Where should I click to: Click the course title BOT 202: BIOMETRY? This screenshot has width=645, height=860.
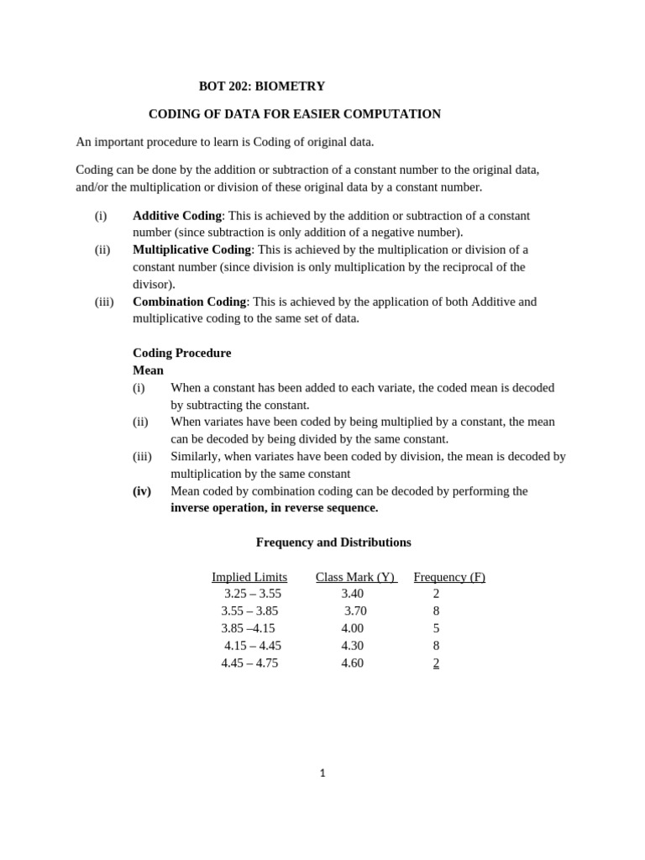point(261,87)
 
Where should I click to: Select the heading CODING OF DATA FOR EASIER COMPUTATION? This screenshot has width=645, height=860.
point(294,114)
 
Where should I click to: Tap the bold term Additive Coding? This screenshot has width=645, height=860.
point(176,216)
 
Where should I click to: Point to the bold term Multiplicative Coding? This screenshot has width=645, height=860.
point(191,249)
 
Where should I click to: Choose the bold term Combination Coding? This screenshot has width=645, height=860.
point(189,302)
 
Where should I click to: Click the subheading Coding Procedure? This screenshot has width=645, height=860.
point(181,353)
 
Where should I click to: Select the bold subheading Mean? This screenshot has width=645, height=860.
point(148,370)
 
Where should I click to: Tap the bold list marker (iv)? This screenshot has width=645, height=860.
point(142,491)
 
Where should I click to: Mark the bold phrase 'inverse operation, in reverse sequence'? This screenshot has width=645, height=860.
point(274,508)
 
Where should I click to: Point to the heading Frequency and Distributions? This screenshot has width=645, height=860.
point(333,543)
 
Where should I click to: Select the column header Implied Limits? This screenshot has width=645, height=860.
point(249,577)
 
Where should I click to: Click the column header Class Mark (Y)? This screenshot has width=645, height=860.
point(355,577)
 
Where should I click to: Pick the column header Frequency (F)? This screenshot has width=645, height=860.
point(449,577)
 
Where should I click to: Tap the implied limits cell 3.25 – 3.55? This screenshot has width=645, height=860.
point(253,594)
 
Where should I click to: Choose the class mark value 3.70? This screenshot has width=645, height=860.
point(355,611)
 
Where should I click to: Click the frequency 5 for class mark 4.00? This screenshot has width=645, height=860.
point(436,628)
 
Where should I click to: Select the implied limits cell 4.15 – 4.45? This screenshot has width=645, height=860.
point(253,646)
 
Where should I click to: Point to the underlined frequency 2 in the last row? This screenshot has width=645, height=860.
point(436,663)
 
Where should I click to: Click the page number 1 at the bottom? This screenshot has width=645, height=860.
point(322,773)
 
